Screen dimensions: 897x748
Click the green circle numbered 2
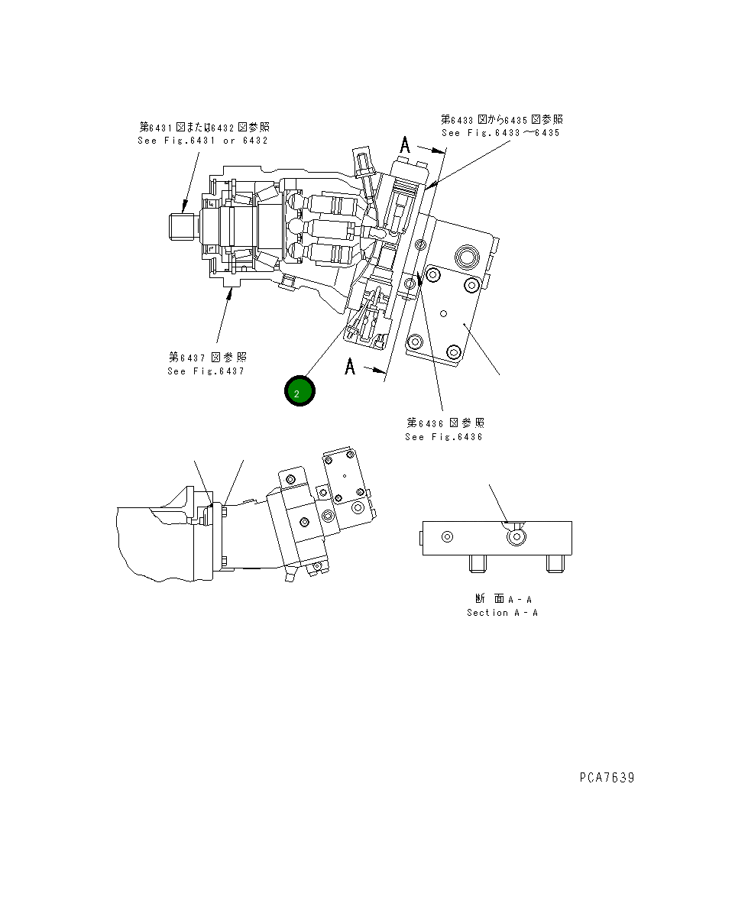tap(300, 391)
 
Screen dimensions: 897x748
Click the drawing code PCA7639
tap(606, 778)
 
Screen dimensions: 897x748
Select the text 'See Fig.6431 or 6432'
tap(202, 141)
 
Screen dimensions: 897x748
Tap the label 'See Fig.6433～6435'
tap(500, 133)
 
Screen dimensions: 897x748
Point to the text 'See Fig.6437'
tap(206, 371)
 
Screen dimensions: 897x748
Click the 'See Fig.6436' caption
tap(444, 437)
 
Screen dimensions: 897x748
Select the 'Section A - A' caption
tap(502, 613)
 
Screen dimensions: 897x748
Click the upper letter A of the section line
tap(406, 145)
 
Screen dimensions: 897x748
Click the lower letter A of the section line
tap(351, 367)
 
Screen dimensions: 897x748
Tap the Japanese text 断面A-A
tap(502, 599)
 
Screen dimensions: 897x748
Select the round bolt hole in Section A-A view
tap(517, 536)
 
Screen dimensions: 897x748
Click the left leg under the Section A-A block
tap(478, 564)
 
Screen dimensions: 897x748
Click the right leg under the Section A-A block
tap(555, 564)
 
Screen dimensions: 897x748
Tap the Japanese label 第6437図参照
tap(208, 357)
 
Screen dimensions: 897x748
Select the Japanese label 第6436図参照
tap(445, 423)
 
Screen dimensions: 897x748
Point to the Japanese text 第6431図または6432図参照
tap(204, 127)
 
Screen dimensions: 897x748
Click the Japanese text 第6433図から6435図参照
tap(502, 119)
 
